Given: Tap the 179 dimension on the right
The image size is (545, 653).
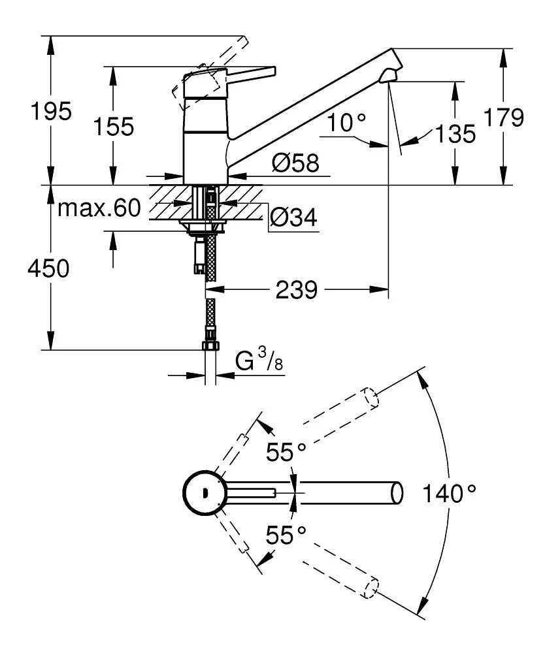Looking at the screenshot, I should coord(504,118).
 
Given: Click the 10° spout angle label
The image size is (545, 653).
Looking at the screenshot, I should coord(348,121).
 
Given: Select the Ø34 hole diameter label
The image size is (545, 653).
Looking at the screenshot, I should coord(293,217).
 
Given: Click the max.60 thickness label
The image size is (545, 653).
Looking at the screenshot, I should coord(99,208).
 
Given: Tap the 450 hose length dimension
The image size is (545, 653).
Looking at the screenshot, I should coord(47,268).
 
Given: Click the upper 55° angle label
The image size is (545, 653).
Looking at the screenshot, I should coord(286,451).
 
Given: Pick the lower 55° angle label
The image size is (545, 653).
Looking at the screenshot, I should coord(286,535).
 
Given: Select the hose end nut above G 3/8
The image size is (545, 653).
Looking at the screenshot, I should coord(211,347).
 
